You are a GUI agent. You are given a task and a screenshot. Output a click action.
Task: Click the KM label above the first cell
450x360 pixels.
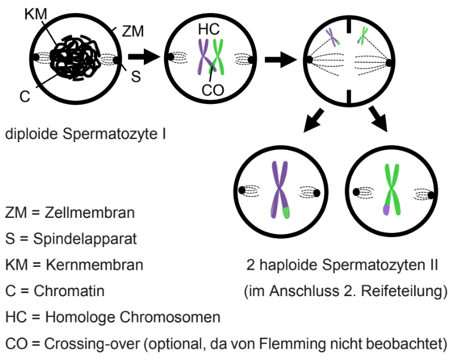coord(35,13)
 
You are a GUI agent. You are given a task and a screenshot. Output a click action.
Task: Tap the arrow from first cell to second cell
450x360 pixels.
coord(144,57)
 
